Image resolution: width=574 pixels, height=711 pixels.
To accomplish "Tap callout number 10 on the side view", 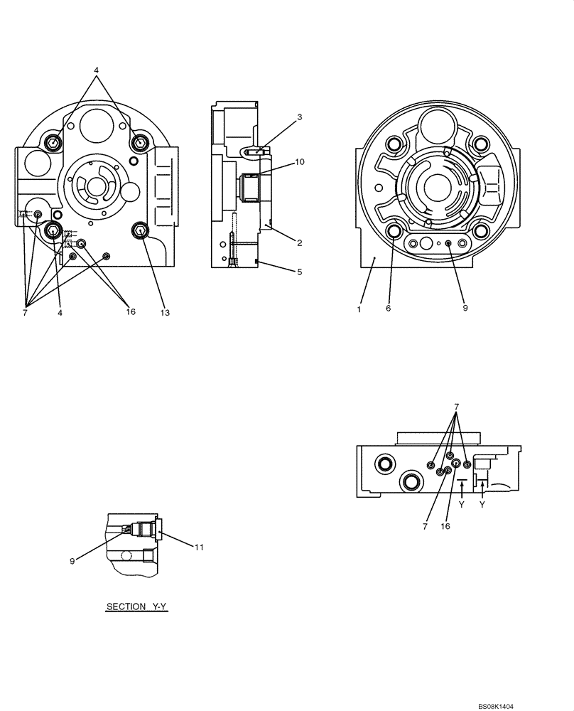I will point(300,161).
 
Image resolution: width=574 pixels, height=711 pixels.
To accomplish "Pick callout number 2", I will point(300,242).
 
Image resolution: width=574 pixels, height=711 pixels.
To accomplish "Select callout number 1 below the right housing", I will point(359,309).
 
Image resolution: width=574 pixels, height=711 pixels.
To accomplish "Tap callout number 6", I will point(389,309).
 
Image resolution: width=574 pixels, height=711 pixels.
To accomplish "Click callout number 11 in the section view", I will point(200,547).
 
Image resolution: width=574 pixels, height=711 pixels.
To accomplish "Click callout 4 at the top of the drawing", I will point(97,70).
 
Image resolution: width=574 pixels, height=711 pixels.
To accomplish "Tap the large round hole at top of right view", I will point(435,129).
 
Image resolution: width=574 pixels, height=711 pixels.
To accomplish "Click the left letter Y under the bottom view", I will point(462,504).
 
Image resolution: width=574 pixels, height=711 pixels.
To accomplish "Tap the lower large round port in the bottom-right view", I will point(410,482).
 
